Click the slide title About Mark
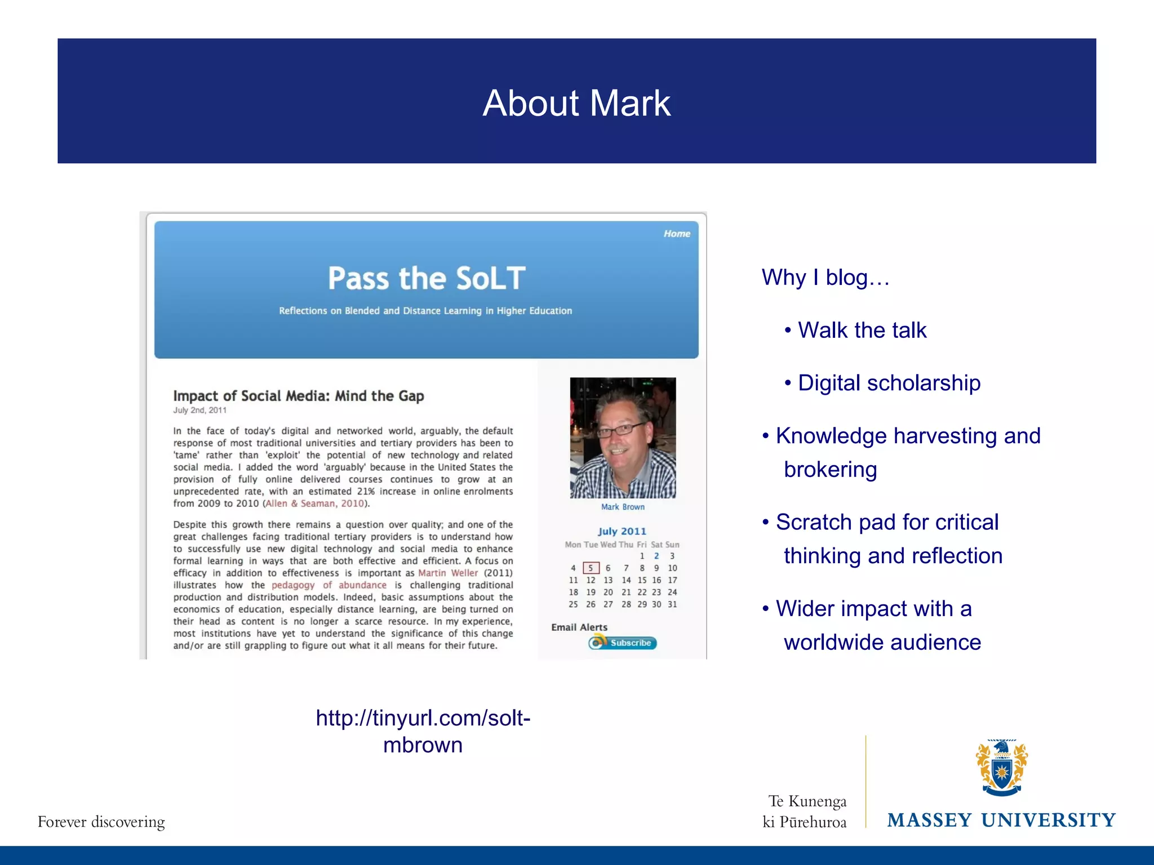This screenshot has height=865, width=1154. tap(576, 103)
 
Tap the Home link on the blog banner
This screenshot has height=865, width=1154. tap(676, 234)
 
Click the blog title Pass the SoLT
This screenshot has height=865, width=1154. tap(427, 278)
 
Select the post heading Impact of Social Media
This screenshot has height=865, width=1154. tap(298, 396)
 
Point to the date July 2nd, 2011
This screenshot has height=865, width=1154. tap(199, 411)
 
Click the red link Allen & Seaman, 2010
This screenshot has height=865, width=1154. tap(314, 503)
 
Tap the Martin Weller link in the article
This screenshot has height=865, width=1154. tap(448, 573)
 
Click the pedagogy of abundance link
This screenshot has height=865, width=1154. tap(329, 585)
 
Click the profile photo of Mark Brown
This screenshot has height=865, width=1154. tap(623, 438)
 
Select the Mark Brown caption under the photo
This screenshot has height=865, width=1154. tap(623, 507)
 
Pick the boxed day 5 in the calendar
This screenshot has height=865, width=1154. tap(591, 568)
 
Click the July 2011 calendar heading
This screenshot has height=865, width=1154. tap(622, 531)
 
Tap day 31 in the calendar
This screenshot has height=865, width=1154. tap(672, 604)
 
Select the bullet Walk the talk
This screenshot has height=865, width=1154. tap(862, 330)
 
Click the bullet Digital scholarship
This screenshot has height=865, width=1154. tap(889, 383)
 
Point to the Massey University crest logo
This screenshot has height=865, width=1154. tap(1001, 768)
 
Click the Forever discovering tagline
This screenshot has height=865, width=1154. tap(101, 822)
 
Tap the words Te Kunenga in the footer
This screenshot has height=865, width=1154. tap(807, 801)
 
